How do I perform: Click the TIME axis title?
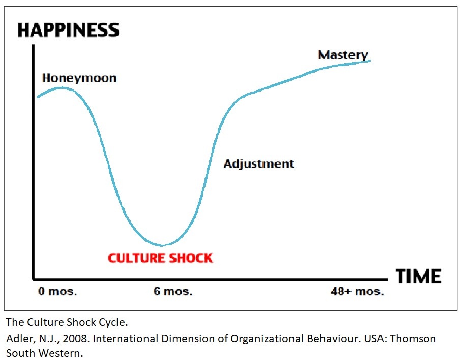click(x=418, y=277)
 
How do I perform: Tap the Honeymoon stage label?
click(x=79, y=78)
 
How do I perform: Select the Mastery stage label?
click(x=343, y=55)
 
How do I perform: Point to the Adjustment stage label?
click(x=259, y=164)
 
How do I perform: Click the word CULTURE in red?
click(x=136, y=258)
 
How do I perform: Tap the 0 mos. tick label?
click(x=57, y=292)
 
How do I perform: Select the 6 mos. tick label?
click(x=173, y=292)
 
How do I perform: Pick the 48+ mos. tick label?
click(x=356, y=292)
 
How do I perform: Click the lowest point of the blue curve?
click(x=162, y=245)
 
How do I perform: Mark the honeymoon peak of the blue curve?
click(x=62, y=87)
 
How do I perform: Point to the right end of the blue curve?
click(x=370, y=61)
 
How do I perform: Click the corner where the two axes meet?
click(x=34, y=279)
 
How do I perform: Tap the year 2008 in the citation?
click(x=62, y=338)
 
